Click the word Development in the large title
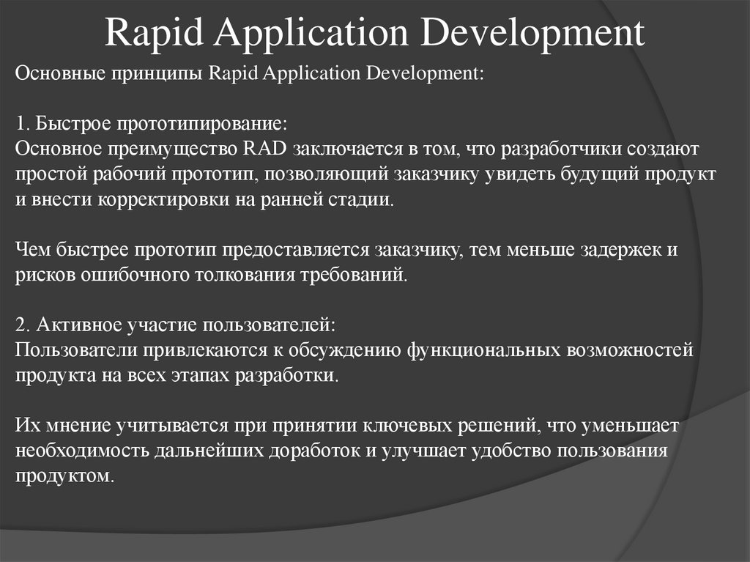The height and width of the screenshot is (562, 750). click(x=538, y=33)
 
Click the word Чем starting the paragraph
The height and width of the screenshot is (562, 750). click(x=31, y=250)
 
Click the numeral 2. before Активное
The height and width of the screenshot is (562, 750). click(x=22, y=325)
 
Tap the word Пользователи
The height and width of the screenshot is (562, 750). click(x=73, y=350)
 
